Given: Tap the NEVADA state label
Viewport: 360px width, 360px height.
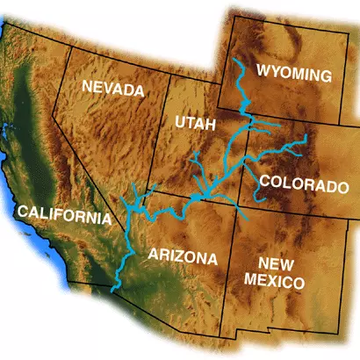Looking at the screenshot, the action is coord(112,89).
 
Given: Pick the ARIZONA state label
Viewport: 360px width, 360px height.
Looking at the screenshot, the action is coord(182,257).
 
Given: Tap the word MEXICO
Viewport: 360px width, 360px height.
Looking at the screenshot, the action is coord(276,283).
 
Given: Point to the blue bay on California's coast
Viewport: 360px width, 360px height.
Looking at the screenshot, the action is coord(8,136).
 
